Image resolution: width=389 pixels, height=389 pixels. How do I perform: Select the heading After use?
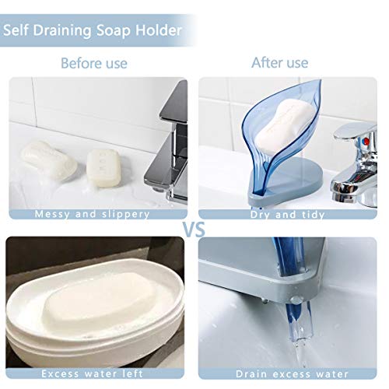279,62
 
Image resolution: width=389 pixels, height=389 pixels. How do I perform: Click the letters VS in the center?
194,230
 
